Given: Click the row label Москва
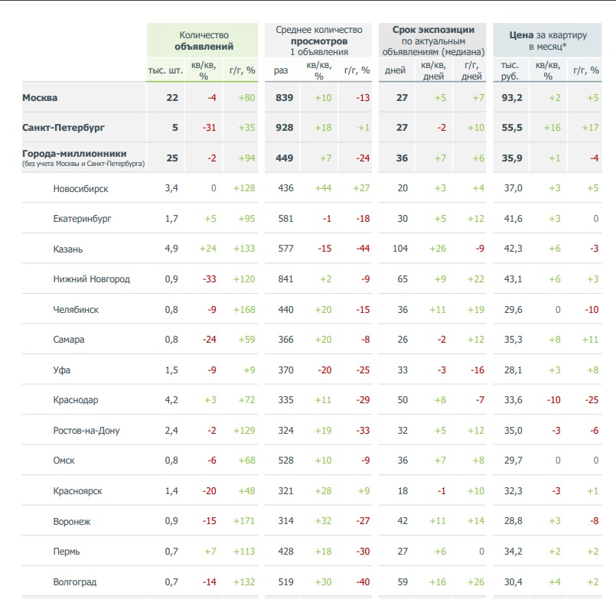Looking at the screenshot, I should (x=40, y=97).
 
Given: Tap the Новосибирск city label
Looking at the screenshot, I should (x=81, y=188).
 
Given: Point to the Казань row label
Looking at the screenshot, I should (x=69, y=249).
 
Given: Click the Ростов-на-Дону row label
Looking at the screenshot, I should (x=86, y=431).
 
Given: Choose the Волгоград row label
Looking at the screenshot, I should (x=75, y=582).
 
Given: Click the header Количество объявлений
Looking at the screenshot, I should (x=204, y=41).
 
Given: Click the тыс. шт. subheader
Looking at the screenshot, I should (x=165, y=70).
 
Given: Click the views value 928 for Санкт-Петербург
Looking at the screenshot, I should (x=285, y=128).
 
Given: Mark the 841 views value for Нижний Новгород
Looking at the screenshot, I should (x=285, y=279).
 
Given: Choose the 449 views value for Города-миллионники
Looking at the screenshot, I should (x=285, y=158).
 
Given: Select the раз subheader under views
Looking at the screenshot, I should (x=282, y=70).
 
